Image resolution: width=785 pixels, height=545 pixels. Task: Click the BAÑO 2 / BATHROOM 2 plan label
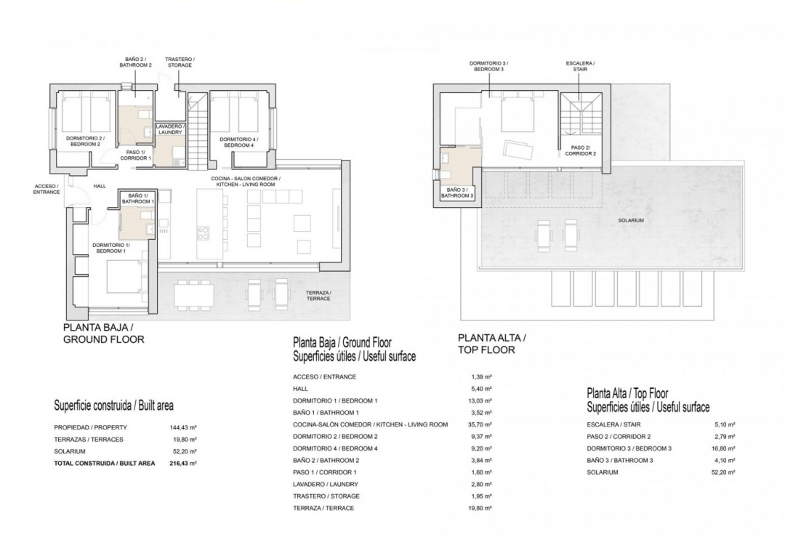135,62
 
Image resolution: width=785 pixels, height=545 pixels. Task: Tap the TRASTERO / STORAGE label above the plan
179,62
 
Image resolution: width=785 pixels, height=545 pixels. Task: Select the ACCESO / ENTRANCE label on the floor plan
47,189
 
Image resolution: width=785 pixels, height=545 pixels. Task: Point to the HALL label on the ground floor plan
100,187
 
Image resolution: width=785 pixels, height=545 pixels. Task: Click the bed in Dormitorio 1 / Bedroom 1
124,277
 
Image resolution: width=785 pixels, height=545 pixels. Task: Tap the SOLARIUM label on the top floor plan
631,220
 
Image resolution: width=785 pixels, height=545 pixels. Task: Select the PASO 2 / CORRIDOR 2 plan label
580,151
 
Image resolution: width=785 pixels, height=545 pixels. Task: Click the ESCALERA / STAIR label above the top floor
580,66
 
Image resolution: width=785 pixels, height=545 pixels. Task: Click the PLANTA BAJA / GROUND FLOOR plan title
104,334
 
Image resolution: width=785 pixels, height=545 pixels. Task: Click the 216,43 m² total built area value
182,462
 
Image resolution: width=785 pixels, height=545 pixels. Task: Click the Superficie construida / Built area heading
113,405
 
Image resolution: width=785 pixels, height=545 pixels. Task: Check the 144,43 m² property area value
182,427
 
